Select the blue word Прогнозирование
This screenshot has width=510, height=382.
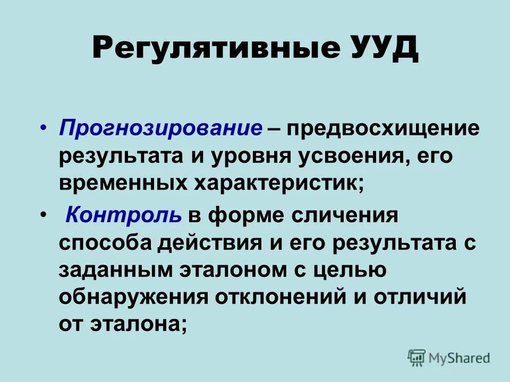[161, 129]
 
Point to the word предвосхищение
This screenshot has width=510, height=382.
[382, 129]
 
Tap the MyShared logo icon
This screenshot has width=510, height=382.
[417, 358]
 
